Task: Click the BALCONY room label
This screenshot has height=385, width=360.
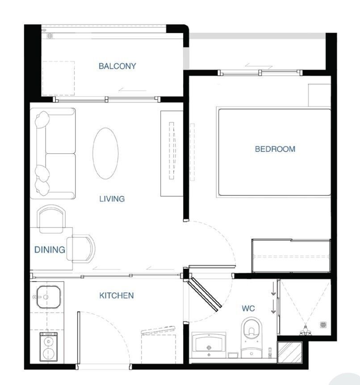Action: point(117,66)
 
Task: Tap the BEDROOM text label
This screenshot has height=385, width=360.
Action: point(275,149)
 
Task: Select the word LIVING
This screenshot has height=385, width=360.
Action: point(112,199)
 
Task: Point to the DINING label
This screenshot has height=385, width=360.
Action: point(50,250)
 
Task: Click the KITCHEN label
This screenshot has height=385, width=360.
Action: point(117,296)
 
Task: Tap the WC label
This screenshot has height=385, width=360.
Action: point(248,309)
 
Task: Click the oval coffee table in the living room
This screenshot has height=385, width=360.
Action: point(105,153)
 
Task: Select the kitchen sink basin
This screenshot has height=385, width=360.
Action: point(48,297)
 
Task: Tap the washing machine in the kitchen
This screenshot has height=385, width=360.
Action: point(49,347)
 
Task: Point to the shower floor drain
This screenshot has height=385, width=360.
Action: point(323,325)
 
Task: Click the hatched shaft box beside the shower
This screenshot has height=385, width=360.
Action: point(289,352)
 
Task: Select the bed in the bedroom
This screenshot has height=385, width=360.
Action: point(274,152)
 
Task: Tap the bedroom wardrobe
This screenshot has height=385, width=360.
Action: point(291,256)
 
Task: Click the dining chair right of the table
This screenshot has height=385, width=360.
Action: point(81,249)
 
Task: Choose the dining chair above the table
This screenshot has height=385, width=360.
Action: point(51,219)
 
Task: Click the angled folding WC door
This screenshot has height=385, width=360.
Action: point(205,294)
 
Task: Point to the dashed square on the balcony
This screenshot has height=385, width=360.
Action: point(59,78)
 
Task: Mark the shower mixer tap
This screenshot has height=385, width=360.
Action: point(306,331)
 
